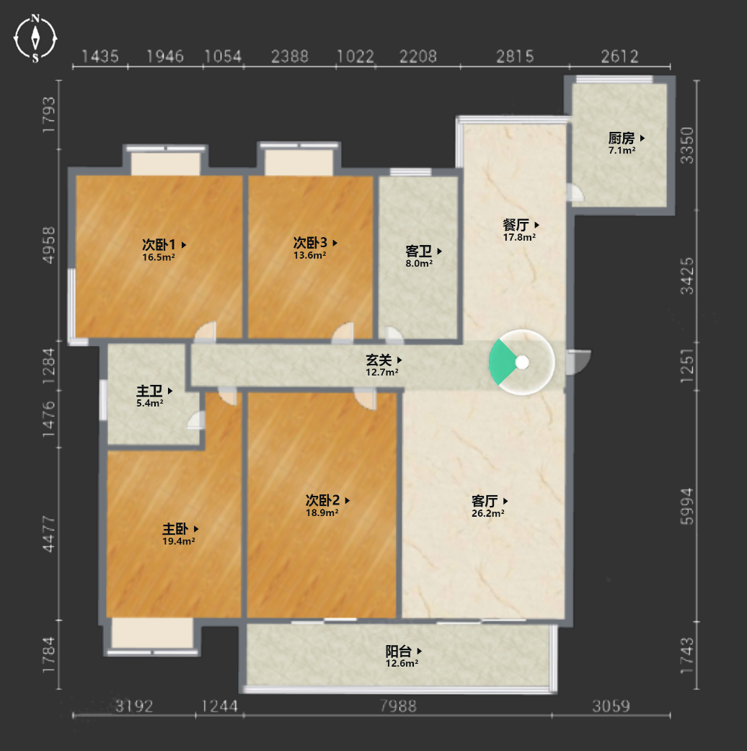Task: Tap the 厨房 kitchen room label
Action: [622, 138]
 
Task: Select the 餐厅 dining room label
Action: [516, 225]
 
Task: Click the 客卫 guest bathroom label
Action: [419, 252]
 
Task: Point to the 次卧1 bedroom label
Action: [159, 245]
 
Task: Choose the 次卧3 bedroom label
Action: [310, 243]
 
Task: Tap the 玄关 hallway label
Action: [379, 360]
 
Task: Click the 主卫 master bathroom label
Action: [149, 391]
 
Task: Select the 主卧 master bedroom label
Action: [175, 529]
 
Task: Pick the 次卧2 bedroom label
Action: [322, 500]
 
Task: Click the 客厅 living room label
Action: [485, 502]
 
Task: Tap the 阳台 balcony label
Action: [399, 652]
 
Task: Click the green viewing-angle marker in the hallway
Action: [502, 362]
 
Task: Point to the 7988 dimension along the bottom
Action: [398, 706]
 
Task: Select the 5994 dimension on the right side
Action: [687, 506]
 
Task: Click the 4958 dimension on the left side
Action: [49, 245]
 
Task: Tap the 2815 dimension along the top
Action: [515, 57]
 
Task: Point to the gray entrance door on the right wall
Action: [578, 362]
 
